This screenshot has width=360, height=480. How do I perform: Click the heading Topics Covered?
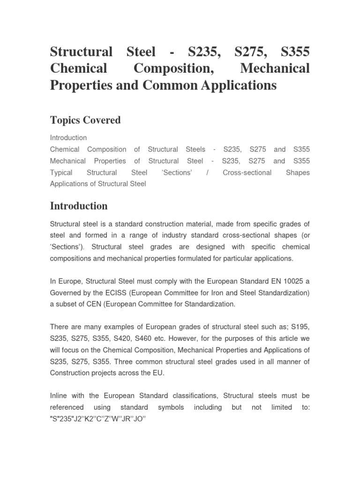[85, 120]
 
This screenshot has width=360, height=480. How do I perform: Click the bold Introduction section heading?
[78, 206]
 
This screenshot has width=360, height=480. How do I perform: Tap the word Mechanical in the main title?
[275, 68]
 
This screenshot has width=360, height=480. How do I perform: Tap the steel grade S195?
[300, 326]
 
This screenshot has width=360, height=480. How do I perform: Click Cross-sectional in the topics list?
[247, 172]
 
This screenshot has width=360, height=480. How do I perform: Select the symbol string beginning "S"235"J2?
[98, 419]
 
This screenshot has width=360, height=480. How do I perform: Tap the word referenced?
[67, 407]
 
